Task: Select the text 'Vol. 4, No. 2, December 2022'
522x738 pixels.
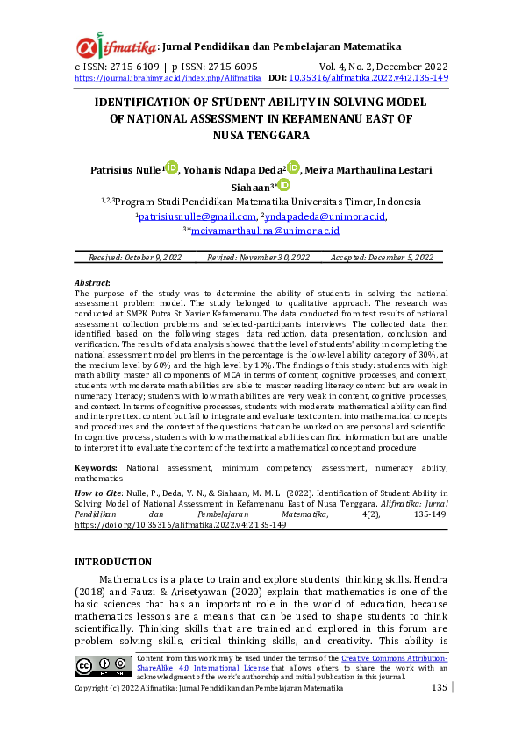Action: coord(384,67)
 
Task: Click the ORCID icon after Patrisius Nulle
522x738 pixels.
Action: coord(171,167)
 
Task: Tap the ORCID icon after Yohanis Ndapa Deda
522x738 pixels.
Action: coord(293,167)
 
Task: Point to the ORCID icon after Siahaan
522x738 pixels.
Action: coord(284,185)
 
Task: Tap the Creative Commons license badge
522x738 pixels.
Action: coord(104,666)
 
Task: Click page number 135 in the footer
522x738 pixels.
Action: coord(440,688)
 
